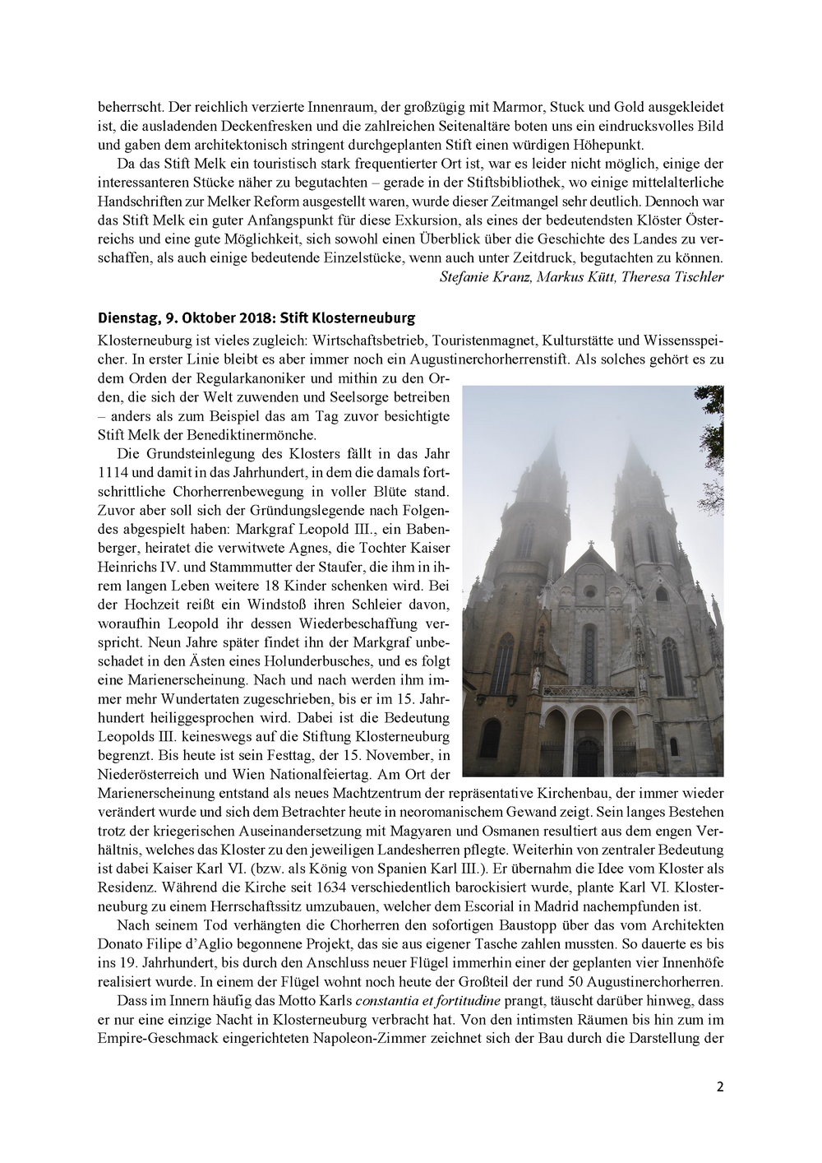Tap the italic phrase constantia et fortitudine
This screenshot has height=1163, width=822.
pos(426,1000)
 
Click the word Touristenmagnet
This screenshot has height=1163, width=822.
pos(471,339)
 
